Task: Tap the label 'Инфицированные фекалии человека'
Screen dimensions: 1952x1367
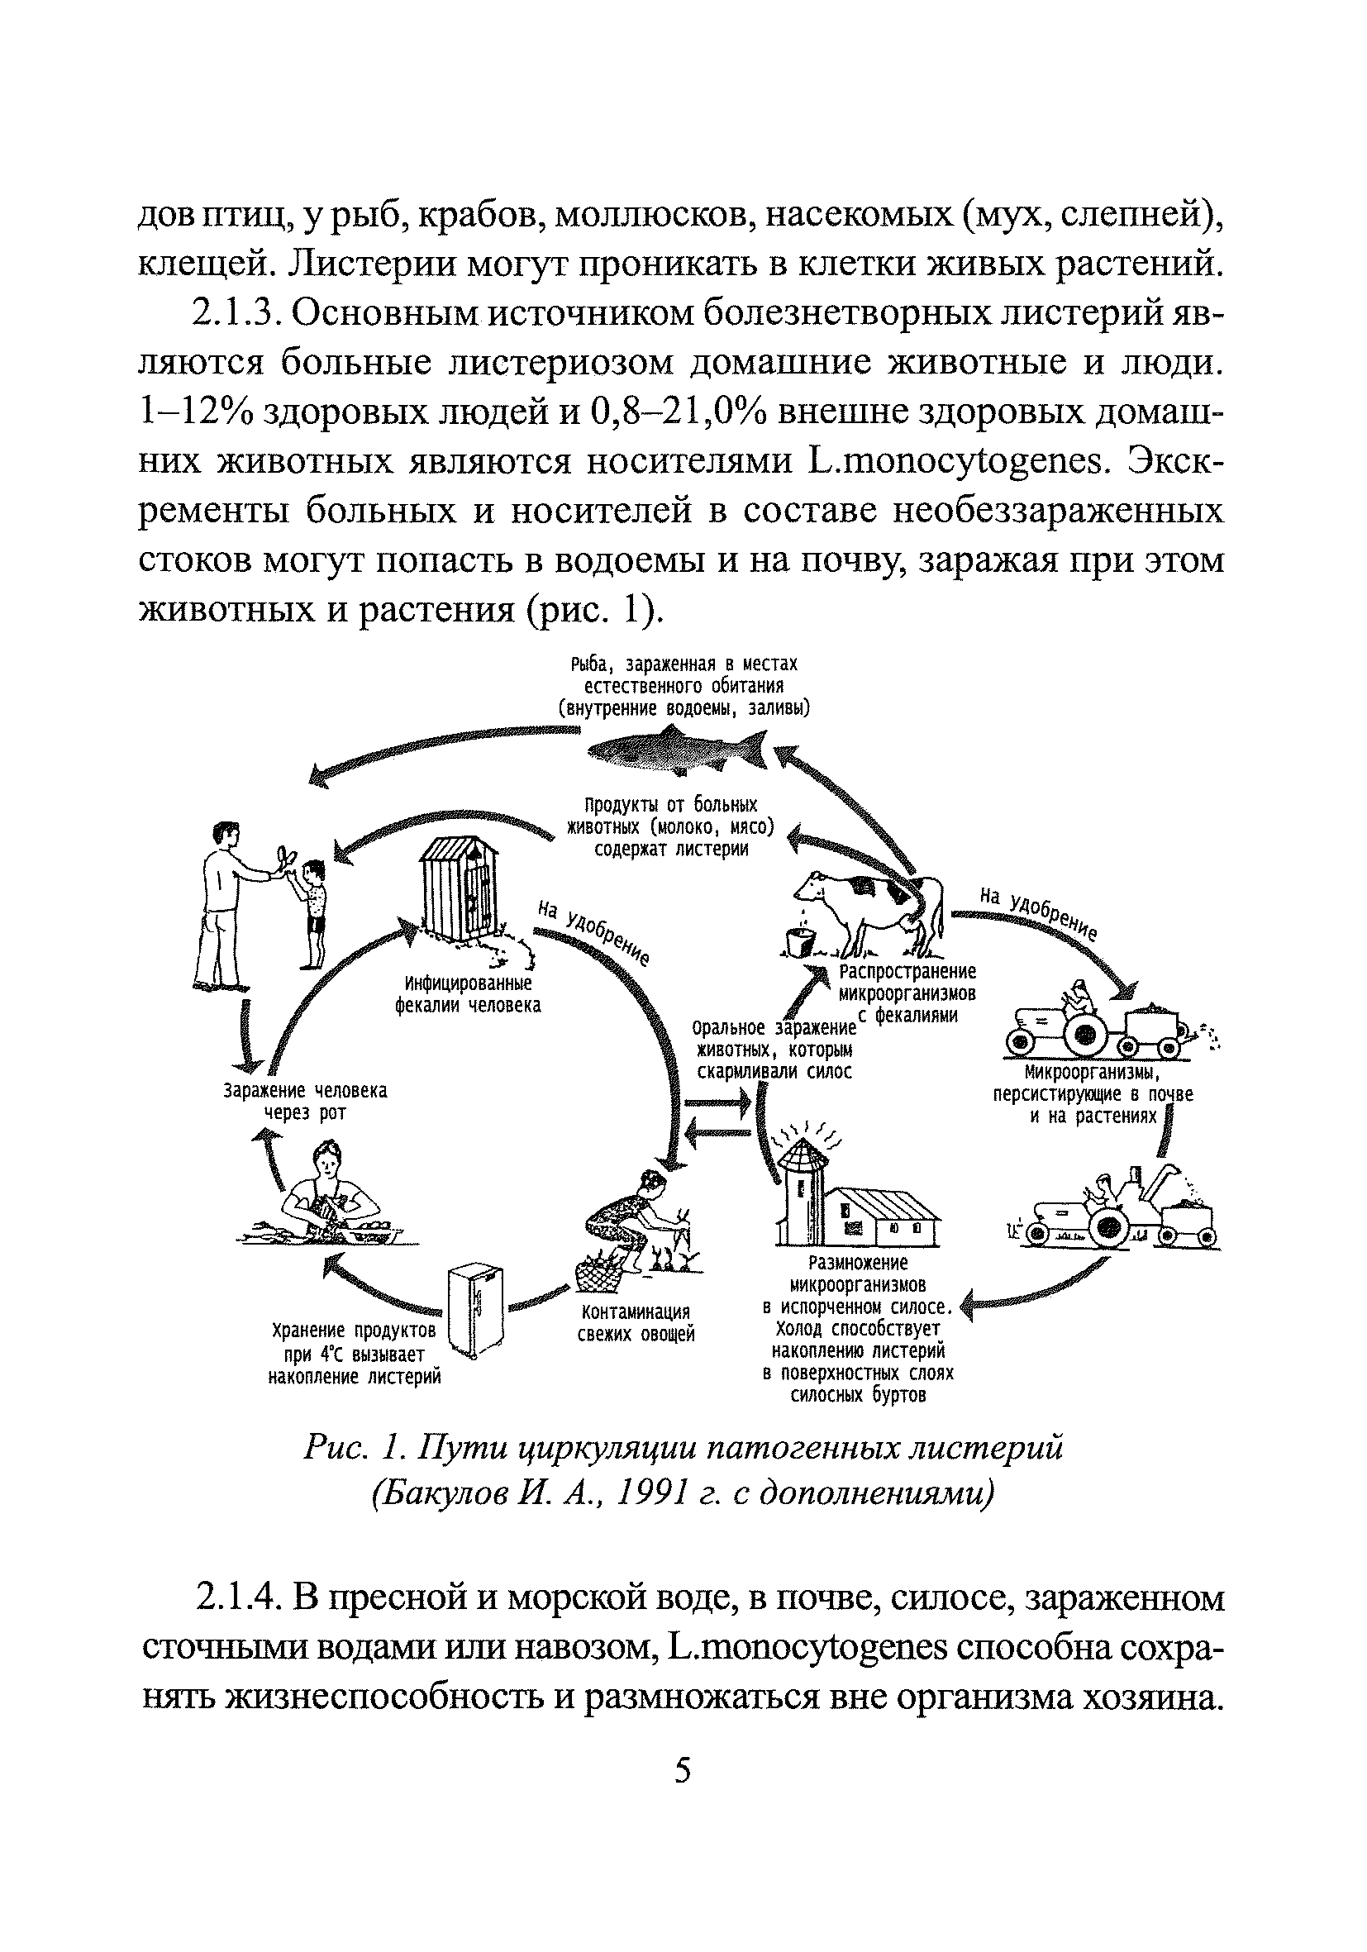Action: point(468,994)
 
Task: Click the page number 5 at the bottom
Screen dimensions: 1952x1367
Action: point(683,1771)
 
